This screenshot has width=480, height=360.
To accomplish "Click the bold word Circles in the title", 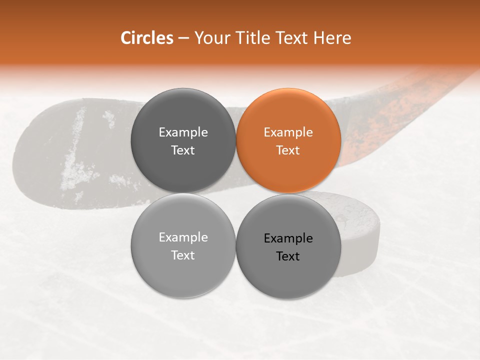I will coord(146,38).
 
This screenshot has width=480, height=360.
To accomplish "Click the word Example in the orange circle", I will coord(288,132).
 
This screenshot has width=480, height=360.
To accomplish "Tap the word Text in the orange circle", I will coord(288,150).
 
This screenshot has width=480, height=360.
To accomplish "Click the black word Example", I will coord(288,238).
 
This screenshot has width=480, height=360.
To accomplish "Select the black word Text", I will coord(288,256).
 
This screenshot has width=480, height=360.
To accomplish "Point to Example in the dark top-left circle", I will coord(183,132).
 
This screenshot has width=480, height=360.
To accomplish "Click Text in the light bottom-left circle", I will coord(183,255).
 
